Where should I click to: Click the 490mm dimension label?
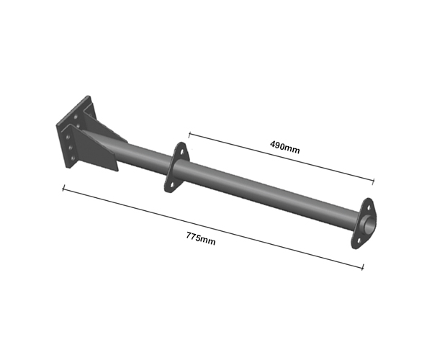[285, 147]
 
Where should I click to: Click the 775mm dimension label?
[201, 238]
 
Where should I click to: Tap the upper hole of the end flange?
[368, 207]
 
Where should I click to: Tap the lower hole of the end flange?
[359, 240]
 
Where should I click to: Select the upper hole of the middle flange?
[181, 151]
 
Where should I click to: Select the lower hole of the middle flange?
[171, 184]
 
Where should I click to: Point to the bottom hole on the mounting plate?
[73, 158]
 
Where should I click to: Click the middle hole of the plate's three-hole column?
[71, 148]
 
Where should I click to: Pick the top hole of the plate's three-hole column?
[68, 137]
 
